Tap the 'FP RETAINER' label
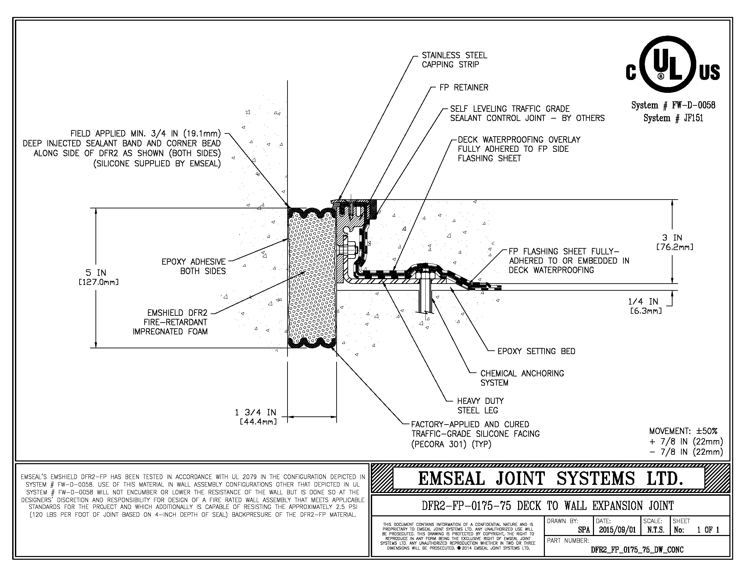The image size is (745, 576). pos(464,88)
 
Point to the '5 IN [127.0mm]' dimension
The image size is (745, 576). pos(98,277)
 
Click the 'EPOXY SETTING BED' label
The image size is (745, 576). pos(536,351)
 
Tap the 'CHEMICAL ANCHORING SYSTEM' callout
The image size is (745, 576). pos(522,378)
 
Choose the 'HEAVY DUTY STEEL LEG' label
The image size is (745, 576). pos(480,405)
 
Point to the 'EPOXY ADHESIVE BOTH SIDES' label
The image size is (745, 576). pos(193,266)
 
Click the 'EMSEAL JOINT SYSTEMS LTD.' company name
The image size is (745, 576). pos(550,478)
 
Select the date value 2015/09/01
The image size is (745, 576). pos(617,530)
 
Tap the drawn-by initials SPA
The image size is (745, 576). pos(584,530)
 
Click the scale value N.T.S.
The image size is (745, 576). pos(656,530)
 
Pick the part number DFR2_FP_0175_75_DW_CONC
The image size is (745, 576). pos(637,550)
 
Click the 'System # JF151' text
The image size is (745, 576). pos(673,118)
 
